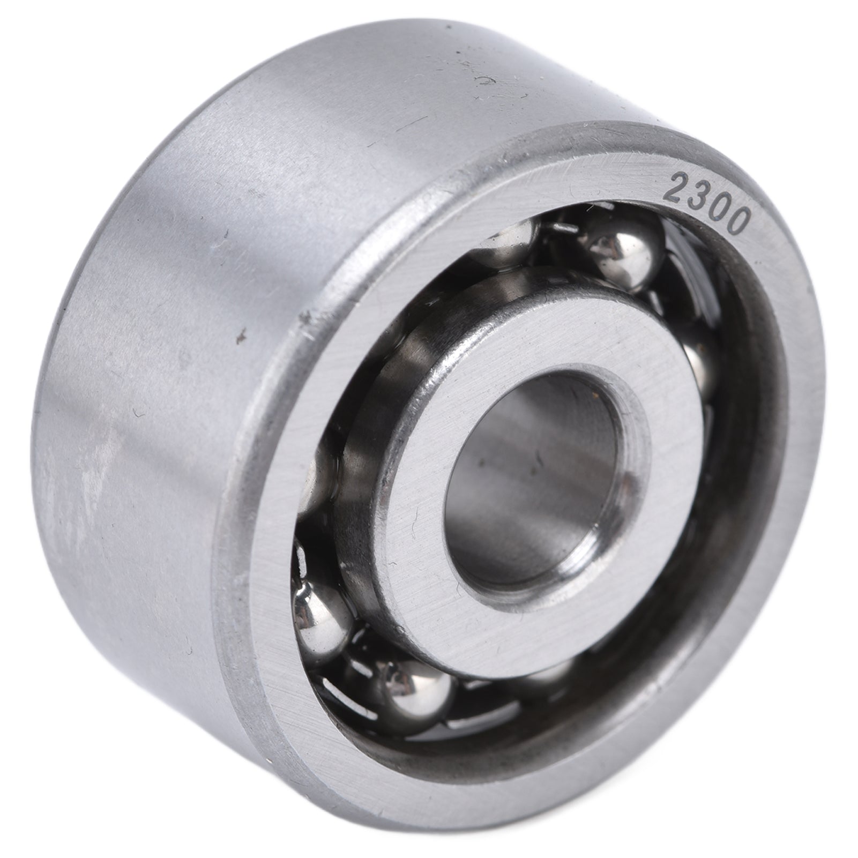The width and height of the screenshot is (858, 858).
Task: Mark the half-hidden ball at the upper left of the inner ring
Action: (509, 241)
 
